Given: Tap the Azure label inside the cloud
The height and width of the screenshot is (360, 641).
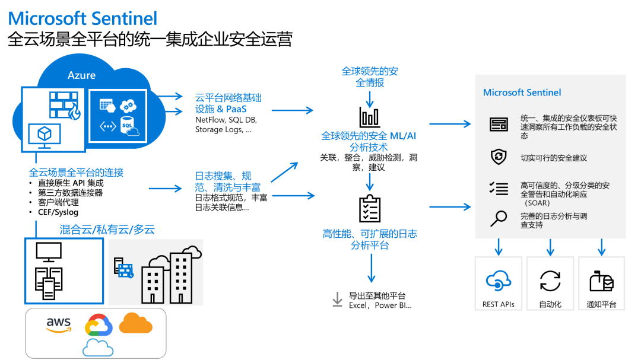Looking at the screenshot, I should coord(81,75).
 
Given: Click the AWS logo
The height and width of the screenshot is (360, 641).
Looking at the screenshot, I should coord(59,324).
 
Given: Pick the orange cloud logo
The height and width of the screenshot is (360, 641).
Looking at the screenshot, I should coord(136,323).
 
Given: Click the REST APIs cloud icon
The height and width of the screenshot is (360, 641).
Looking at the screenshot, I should coord(498,280).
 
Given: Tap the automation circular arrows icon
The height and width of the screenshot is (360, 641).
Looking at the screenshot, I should coord(550,280).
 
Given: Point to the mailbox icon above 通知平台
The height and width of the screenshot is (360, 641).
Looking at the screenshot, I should coord(601,281).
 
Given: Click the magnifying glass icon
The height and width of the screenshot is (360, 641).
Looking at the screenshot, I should coord(497,219).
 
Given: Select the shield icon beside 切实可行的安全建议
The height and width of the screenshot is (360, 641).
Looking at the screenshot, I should coord(498,157).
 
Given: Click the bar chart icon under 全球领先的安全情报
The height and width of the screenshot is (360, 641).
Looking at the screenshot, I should coord(369,117).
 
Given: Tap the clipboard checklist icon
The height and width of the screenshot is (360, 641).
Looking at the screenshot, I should coord(370,208).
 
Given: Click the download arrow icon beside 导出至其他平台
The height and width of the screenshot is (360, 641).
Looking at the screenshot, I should coord(337,300).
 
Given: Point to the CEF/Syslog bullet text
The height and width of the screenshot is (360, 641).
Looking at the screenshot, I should coord(58,212).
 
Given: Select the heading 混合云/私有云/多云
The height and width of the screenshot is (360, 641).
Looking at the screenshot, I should coord(107,230).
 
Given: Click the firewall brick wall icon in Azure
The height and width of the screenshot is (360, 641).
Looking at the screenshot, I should coord(64,106).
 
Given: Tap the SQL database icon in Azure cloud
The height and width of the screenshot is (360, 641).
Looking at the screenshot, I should coord(128,126).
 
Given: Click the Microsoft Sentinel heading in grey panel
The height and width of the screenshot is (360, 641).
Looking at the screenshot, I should coord(522,93).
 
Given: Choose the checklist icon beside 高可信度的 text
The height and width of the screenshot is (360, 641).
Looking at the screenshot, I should coord(498,189).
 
